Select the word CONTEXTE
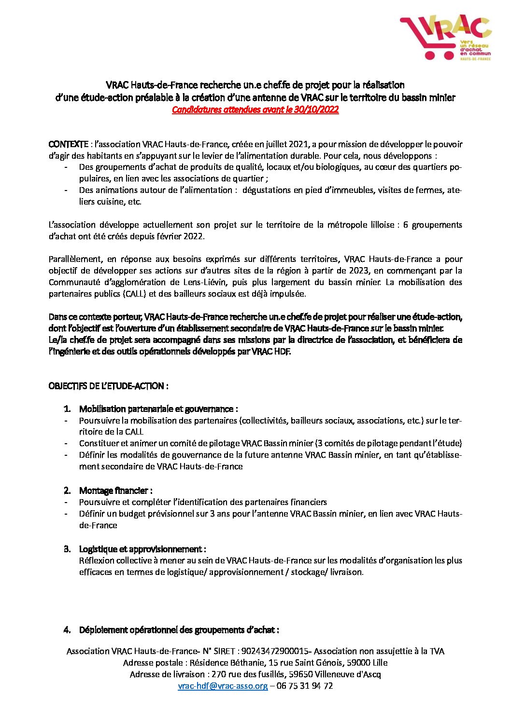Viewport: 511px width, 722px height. tap(68, 144)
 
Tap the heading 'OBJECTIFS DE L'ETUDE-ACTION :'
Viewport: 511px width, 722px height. tap(108, 386)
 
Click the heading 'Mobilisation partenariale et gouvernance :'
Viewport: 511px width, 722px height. tap(158, 409)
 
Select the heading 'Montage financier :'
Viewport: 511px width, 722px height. tap(116, 490)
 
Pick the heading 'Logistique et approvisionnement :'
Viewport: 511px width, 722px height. tap(142, 549)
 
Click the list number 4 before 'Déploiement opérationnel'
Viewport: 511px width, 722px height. tap(68, 630)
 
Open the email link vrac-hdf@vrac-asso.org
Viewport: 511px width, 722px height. tap(223, 686)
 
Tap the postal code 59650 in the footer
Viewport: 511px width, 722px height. tap(300, 674)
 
